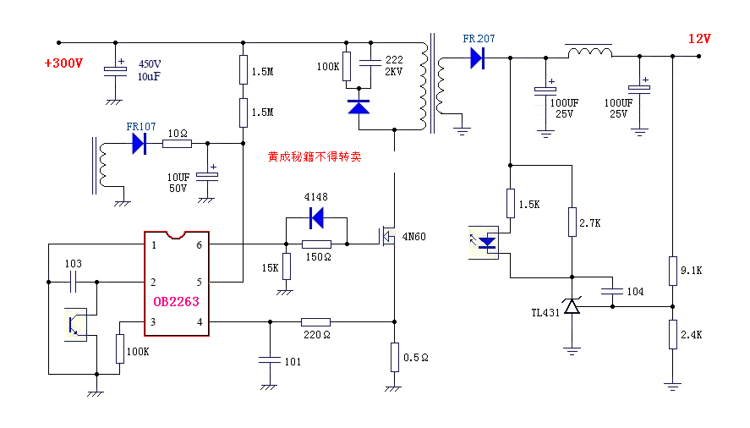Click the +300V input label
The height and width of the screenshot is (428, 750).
(x=63, y=63)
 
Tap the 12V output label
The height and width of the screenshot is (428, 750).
(x=699, y=39)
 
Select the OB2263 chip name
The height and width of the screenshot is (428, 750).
(x=176, y=301)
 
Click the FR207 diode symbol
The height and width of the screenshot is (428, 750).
(x=477, y=58)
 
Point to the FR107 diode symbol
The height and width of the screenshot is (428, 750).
(x=140, y=144)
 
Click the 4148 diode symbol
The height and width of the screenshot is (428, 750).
(x=317, y=218)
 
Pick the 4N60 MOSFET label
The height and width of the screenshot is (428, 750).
(x=413, y=237)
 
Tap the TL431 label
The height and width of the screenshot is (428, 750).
(x=545, y=313)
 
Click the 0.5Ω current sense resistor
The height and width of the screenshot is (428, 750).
(x=394, y=357)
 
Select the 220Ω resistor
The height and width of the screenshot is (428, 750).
(x=316, y=321)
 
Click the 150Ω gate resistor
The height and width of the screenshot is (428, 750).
(x=316, y=244)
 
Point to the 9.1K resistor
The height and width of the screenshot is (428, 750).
(x=673, y=270)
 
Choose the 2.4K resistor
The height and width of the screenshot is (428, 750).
(x=673, y=334)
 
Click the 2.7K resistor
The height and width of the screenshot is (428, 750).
(x=572, y=222)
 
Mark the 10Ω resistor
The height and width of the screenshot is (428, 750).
(x=177, y=144)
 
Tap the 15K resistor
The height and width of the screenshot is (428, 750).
(x=286, y=266)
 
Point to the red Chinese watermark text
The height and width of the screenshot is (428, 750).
(x=315, y=156)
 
